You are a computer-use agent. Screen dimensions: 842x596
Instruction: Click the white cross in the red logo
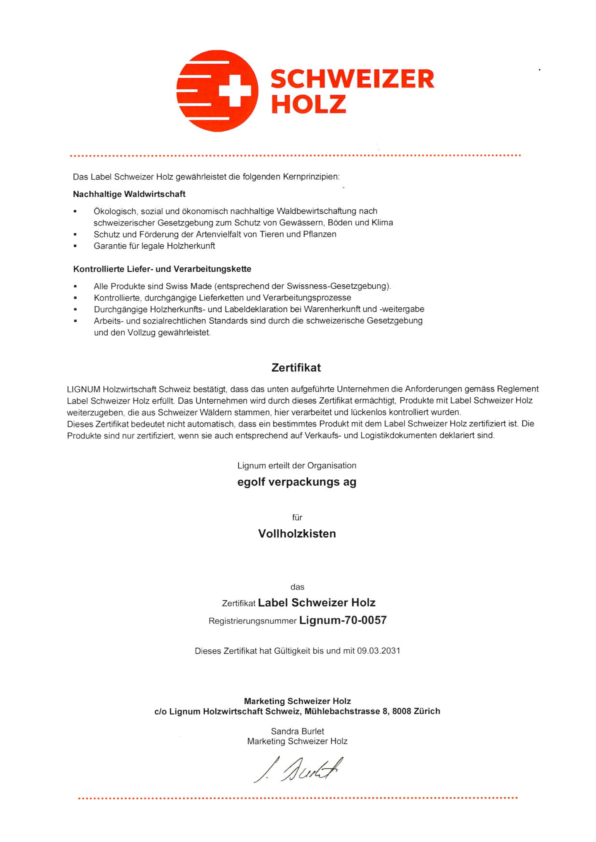[x=235, y=91]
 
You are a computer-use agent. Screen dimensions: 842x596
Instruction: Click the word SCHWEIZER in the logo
[x=352, y=79]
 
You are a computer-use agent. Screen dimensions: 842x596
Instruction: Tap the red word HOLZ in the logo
[x=308, y=104]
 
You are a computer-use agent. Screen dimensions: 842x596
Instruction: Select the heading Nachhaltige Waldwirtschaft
[x=129, y=194]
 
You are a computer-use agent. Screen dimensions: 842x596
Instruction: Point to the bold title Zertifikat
[x=296, y=368]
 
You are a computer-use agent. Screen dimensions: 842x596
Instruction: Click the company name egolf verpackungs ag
[x=297, y=482]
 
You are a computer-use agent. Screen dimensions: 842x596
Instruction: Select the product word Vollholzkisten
[x=297, y=533]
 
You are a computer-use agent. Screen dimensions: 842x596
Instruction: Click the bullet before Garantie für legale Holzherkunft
[x=75, y=246]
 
